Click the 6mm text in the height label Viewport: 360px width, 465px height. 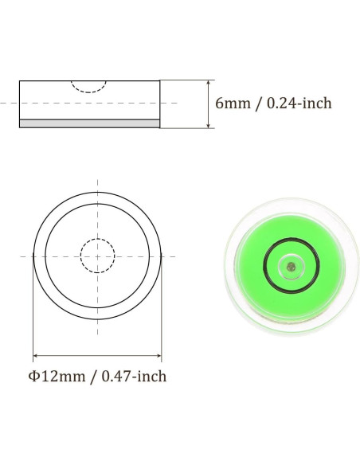click(x=233, y=104)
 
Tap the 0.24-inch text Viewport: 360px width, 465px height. click(x=299, y=104)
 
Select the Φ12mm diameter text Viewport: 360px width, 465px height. click(x=57, y=377)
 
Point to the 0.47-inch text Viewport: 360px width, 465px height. click(x=134, y=377)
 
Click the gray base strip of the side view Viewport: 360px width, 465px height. click(x=89, y=123)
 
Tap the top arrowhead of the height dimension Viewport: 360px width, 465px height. click(x=209, y=84)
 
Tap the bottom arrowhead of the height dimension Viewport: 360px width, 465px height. click(x=209, y=125)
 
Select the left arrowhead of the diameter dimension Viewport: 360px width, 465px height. click(x=36, y=355)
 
